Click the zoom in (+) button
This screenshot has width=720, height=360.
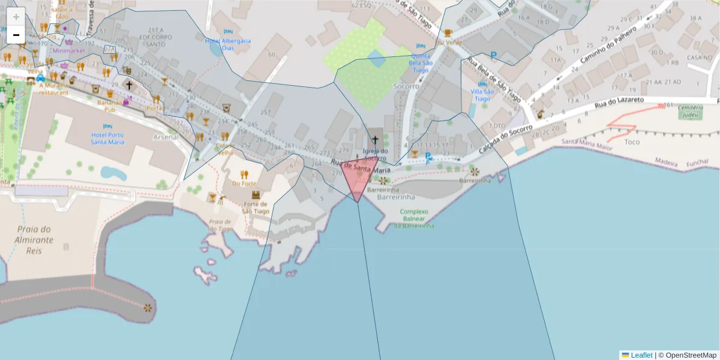(16, 17)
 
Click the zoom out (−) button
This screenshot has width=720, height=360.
(16, 35)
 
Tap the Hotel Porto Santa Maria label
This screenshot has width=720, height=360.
(107, 138)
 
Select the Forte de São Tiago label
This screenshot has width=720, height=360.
(256, 207)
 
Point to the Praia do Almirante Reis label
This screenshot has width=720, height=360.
(35, 239)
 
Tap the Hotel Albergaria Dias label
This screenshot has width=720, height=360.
(220, 44)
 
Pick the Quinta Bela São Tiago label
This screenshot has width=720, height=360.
(420, 62)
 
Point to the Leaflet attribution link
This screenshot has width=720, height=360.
(641, 355)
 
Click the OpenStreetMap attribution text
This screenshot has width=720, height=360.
(690, 355)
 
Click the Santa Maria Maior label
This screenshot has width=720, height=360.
(587, 143)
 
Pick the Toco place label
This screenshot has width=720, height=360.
(632, 142)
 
